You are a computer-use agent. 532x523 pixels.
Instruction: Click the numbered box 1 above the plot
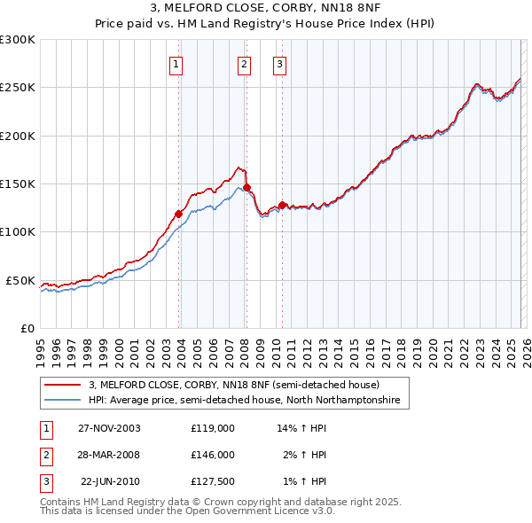[x=176, y=64]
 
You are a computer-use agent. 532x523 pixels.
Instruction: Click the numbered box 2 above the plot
[x=243, y=64]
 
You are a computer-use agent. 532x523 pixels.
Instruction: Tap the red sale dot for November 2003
[x=179, y=214]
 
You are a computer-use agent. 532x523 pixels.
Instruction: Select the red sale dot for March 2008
[x=246, y=187]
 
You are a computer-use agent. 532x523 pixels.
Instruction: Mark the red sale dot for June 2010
[x=282, y=205]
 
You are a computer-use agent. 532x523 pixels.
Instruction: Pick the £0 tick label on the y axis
[x=27, y=328]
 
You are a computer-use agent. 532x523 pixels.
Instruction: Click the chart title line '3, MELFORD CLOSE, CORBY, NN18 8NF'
[x=266, y=10]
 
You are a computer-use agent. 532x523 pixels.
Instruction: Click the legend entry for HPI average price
[x=245, y=401]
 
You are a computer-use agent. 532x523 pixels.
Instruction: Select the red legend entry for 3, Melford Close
[x=234, y=385]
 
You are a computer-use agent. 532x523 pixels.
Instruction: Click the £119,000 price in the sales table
[x=212, y=427]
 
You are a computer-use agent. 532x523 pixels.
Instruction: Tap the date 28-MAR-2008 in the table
[x=109, y=455]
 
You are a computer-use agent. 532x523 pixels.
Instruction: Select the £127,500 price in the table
[x=212, y=482]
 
